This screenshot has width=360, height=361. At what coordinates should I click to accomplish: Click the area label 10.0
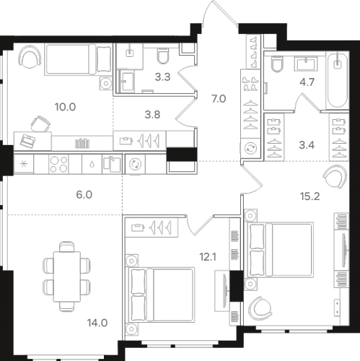(65, 108)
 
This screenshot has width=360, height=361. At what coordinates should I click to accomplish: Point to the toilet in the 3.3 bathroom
(162, 56)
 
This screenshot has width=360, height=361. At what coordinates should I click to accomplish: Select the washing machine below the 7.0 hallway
(252, 148)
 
